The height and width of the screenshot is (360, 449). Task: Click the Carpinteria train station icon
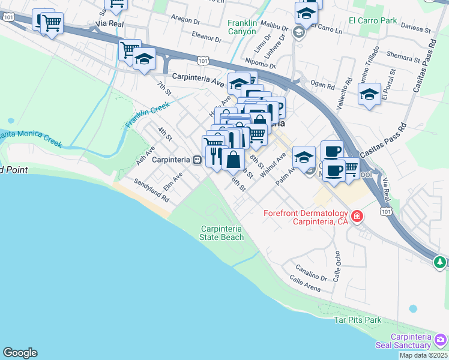[196, 160]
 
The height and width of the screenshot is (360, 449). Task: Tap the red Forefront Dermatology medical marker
[357, 215]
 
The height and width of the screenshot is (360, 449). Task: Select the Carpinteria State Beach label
[222, 233]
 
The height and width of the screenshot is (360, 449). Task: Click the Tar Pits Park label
[358, 320]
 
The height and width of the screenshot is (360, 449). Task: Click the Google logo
[20, 353]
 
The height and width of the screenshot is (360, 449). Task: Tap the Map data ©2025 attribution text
[423, 355]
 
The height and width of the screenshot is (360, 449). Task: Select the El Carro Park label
[373, 20]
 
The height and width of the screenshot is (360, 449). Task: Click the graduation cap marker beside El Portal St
[369, 94]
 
